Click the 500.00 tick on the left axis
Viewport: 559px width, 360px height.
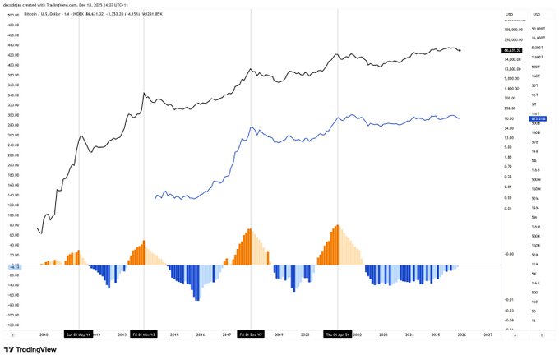pyautogui.click(x=13, y=14)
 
